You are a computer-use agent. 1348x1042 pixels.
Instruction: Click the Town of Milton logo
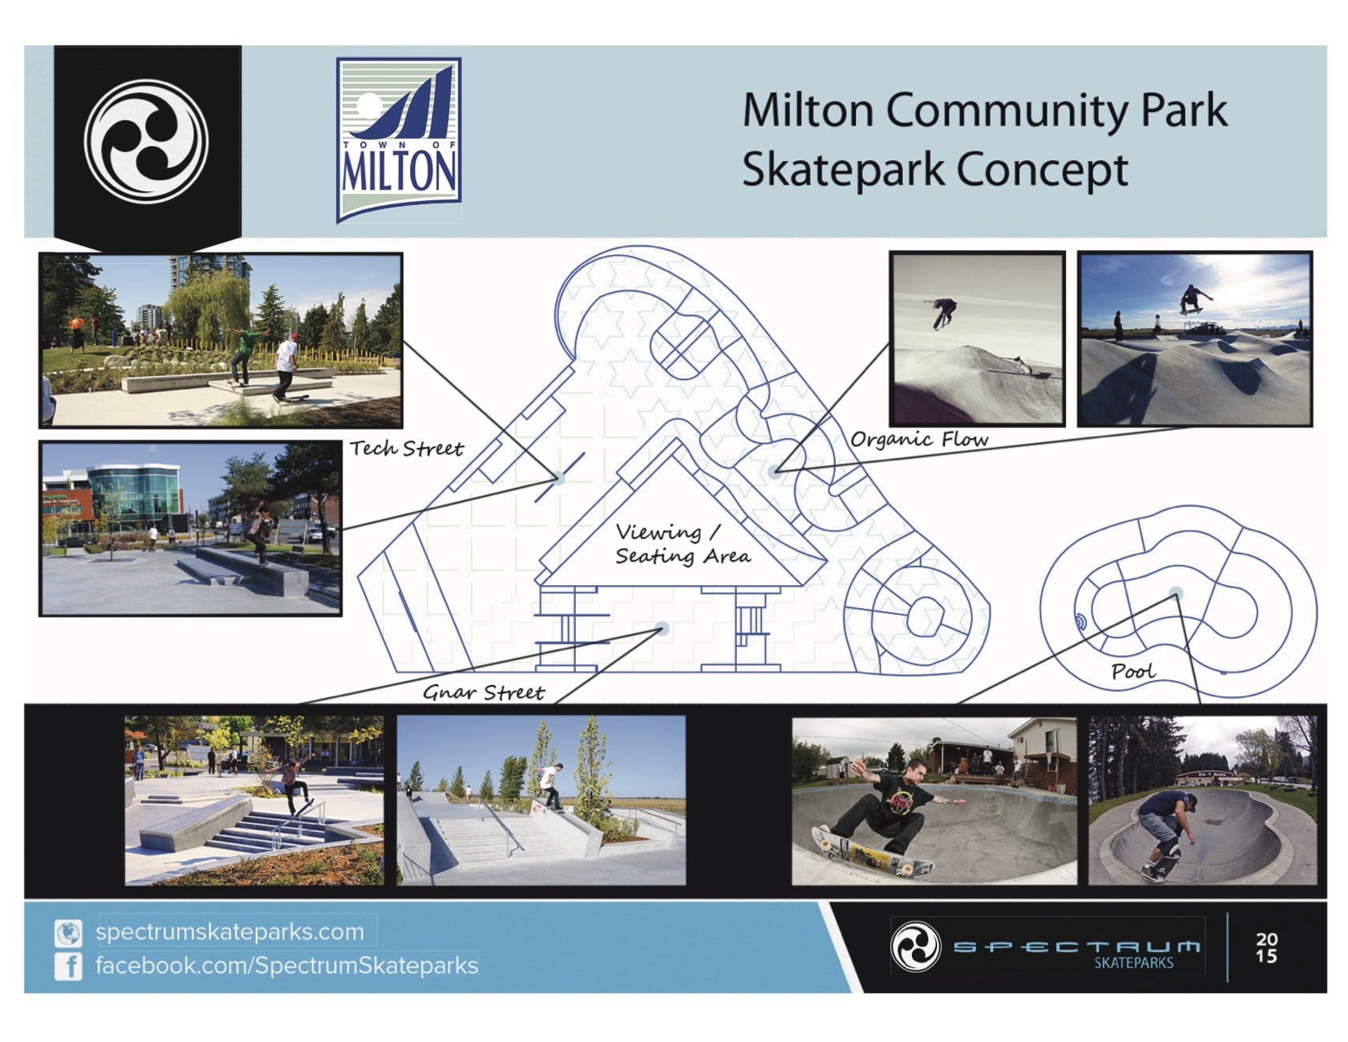(399, 140)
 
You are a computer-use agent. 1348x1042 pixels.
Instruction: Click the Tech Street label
(406, 449)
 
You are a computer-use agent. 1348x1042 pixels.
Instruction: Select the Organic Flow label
(919, 440)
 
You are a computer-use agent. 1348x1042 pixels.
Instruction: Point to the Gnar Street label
(483, 693)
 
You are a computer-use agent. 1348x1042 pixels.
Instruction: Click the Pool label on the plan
(1133, 672)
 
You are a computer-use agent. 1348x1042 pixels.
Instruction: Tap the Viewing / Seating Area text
(681, 544)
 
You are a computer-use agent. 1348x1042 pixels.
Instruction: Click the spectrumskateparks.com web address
(230, 932)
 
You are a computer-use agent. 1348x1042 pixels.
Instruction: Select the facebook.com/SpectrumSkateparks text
(286, 965)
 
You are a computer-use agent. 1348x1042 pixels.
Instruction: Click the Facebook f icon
(69, 966)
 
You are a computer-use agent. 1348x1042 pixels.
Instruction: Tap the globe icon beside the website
(69, 932)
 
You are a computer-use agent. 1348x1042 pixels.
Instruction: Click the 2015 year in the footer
(1267, 948)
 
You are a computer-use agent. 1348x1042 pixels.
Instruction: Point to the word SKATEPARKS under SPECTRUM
(1133, 963)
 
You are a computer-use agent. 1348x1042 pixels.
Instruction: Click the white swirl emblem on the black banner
(147, 141)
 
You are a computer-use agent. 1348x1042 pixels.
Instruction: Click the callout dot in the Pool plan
(1176, 593)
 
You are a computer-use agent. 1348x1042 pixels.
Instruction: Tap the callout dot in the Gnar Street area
(662, 628)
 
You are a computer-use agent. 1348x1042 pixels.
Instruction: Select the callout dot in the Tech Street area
(559, 478)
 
